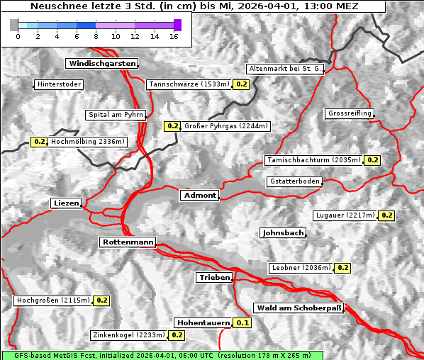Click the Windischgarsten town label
pos(101,64)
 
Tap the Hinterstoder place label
pos(60,84)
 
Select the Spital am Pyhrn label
pos(116,115)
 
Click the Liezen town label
pos(67,203)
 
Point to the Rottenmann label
pos(128,242)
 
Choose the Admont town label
pos(200,196)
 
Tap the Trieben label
pos(214,278)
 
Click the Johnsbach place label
pos(283,233)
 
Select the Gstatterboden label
pos(294,181)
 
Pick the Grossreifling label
pos(350,113)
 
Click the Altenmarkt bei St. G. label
pos(285,69)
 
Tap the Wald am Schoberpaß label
pos(299,308)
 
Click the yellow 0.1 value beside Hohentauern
pos(242,323)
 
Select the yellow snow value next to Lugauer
pos(386,215)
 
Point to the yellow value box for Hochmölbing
pos(40,142)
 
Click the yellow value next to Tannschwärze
pos(241,84)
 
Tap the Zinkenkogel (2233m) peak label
pos(128,335)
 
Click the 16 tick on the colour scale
pos(173,36)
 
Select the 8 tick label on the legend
pos(96,36)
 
